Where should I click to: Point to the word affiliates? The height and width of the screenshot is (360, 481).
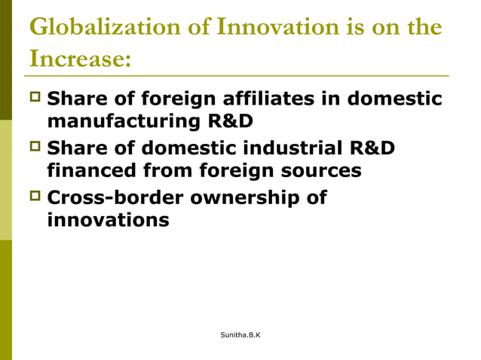266,99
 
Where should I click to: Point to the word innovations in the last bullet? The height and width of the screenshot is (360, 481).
108,220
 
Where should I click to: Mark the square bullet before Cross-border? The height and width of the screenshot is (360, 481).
35,197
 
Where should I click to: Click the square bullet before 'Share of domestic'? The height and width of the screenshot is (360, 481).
35,148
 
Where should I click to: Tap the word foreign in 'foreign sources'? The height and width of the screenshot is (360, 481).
233,170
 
